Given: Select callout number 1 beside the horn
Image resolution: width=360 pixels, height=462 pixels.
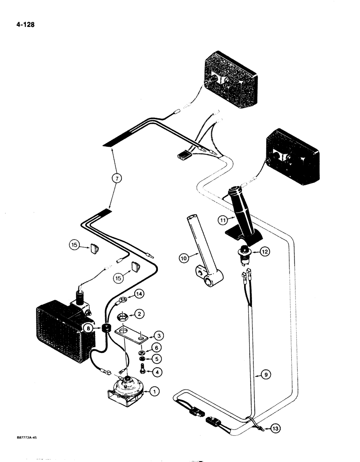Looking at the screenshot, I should coord(155,391).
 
